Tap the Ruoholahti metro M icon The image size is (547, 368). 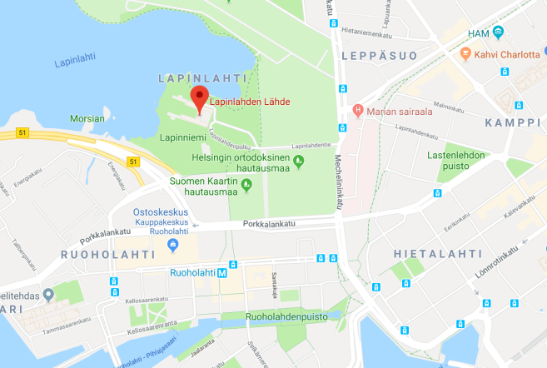222,273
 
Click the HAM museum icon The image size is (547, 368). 499,32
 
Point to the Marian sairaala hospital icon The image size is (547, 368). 359,110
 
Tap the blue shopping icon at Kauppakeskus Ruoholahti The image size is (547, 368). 173,244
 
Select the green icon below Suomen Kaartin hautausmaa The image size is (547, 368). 246,193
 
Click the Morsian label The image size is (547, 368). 87,119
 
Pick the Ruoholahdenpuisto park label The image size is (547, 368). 285,316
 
